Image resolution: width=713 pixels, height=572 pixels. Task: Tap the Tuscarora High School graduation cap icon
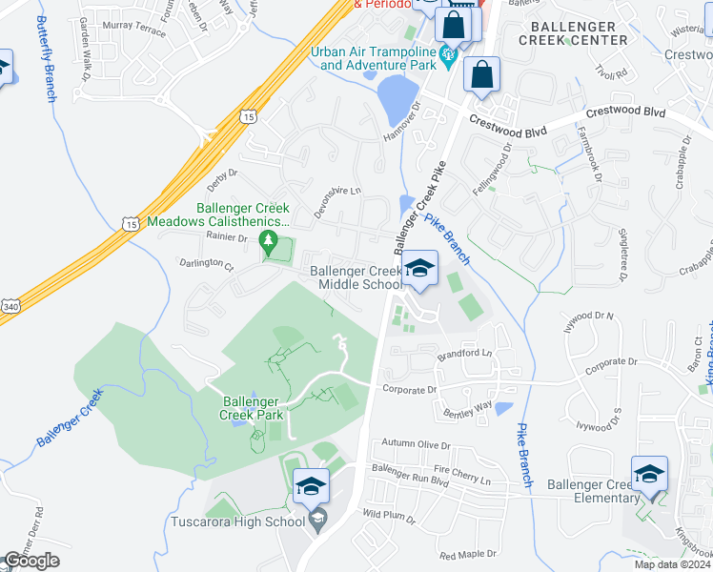click(311, 487)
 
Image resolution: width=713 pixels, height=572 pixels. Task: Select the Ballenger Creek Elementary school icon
click(649, 474)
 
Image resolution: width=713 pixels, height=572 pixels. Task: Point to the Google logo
click(31, 561)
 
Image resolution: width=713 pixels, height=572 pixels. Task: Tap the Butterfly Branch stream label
click(46, 58)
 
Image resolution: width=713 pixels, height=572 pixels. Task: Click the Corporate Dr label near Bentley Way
click(408, 389)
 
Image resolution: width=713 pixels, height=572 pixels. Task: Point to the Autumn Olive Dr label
click(416, 444)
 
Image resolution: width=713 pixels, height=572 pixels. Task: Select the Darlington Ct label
click(206, 262)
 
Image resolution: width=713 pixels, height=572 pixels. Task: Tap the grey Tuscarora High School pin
click(318, 520)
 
